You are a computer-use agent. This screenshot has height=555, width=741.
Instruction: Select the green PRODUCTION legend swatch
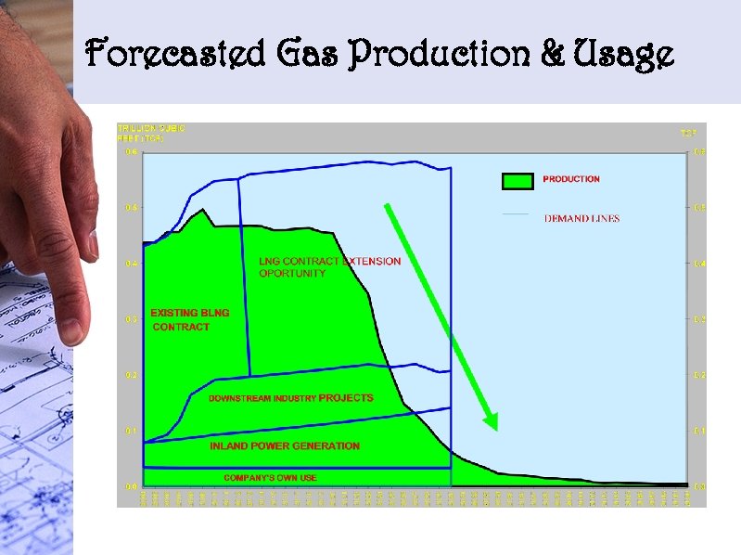[517, 181]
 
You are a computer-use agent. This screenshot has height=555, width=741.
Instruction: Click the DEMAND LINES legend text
[581, 219]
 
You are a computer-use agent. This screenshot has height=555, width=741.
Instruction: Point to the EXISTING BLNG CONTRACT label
[189, 319]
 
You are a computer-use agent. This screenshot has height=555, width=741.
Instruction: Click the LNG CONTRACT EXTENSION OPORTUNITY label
[329, 267]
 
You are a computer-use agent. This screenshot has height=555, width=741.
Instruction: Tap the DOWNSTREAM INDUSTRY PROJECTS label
[290, 398]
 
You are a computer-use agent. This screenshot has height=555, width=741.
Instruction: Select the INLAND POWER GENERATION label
[284, 446]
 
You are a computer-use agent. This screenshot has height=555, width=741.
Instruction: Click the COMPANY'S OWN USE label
[270, 478]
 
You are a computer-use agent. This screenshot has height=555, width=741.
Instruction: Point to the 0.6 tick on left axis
[131, 153]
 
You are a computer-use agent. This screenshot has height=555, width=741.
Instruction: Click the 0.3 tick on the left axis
[131, 319]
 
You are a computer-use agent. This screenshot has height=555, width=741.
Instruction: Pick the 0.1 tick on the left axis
[131, 431]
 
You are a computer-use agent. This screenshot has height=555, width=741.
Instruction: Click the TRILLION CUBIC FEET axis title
[150, 133]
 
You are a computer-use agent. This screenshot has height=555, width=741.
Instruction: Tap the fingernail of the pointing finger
[71, 329]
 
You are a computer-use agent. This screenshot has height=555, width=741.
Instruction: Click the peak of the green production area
[202, 210]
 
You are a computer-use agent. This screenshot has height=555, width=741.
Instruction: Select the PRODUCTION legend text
[571, 179]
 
